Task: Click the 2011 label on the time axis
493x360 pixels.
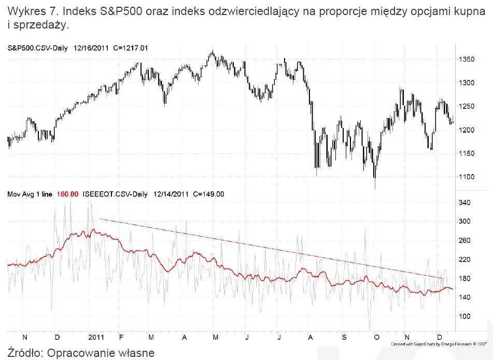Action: pos(96,337)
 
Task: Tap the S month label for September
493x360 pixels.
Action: pos(344,337)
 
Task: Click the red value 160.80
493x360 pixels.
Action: pos(67,194)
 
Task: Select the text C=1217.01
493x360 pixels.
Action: pos(131,48)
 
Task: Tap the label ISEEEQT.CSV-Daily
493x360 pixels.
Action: pos(115,194)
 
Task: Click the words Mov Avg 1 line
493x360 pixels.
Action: pos(30,194)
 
